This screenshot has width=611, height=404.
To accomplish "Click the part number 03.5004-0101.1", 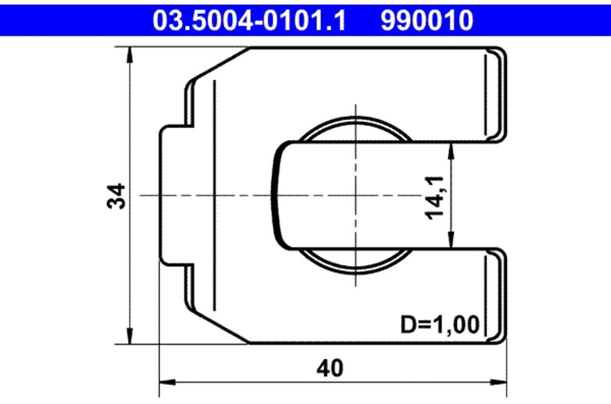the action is (249, 20).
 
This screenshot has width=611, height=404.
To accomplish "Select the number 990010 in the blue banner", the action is (427, 20).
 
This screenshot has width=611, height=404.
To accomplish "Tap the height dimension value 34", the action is (116, 196).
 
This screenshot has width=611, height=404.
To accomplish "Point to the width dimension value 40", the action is (330, 368).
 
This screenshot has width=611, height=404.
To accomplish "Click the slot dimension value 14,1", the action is (434, 198).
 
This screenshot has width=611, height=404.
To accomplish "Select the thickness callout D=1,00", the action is (440, 325).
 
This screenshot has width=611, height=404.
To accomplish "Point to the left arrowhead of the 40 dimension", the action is (168, 382).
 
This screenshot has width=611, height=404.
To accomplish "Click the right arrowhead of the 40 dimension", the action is (498, 382).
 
